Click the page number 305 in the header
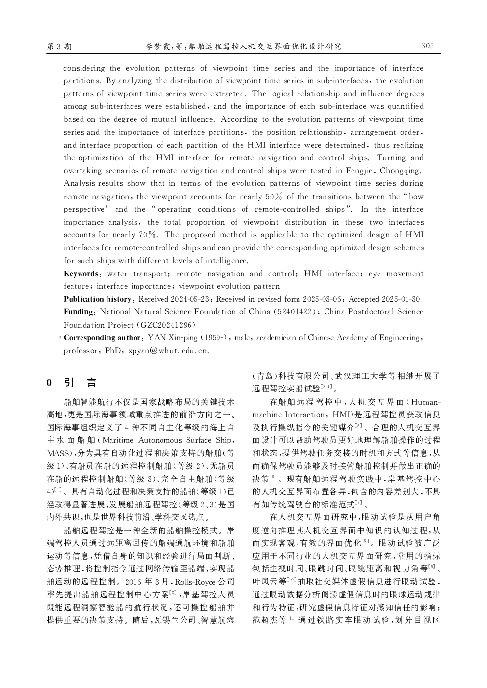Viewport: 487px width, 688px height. pyautogui.click(x=427, y=46)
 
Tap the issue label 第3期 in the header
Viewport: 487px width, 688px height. pyautogui.click(x=59, y=46)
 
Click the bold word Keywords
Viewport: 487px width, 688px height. pyautogui.click(x=81, y=274)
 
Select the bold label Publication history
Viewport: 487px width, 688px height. pyautogui.click(x=97, y=299)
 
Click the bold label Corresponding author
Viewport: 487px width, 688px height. pyautogui.click(x=103, y=338)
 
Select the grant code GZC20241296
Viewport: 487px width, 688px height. pyautogui.click(x=167, y=325)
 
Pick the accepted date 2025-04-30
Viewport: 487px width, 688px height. pyautogui.click(x=401, y=299)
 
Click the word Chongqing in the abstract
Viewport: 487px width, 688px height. pyautogui.click(x=401, y=171)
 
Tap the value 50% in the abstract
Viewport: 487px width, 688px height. pyautogui.click(x=273, y=197)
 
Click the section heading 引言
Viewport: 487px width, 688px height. pyautogui.click(x=81, y=382)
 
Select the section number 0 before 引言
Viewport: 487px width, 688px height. pyautogui.click(x=49, y=382)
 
